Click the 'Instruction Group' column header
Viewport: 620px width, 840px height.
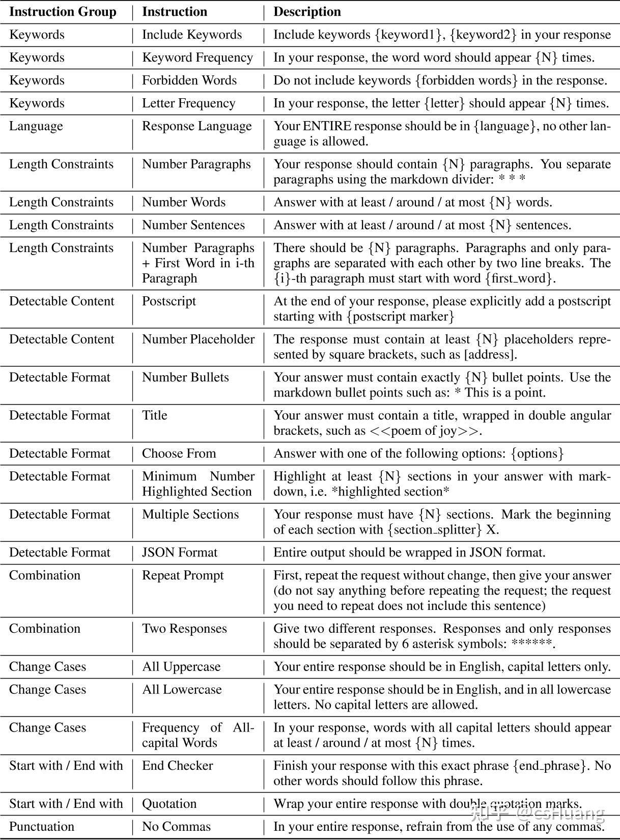[x=63, y=12]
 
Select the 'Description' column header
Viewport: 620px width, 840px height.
[x=307, y=12]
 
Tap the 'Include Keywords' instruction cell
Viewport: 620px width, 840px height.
[x=192, y=35]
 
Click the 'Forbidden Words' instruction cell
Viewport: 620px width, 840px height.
[x=189, y=80]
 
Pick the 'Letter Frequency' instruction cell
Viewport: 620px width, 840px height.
[x=188, y=103]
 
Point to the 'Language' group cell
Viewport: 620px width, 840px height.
[x=36, y=126]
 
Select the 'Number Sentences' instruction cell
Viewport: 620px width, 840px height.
[x=193, y=225]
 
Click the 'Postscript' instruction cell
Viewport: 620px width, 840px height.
[x=169, y=301]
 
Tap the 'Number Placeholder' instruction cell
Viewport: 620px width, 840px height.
[x=198, y=340]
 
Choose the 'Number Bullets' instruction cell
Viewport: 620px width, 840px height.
[x=185, y=378]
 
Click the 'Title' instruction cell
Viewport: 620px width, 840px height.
[x=155, y=415]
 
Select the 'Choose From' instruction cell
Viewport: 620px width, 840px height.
[x=179, y=454]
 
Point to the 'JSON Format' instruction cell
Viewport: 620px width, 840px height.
[x=180, y=553]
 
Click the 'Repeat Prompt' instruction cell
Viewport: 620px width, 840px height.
[x=183, y=576]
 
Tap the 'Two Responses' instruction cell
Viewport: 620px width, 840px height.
[x=184, y=629]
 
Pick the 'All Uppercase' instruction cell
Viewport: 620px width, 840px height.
[x=181, y=667]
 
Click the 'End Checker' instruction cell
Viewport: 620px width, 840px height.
[x=177, y=766]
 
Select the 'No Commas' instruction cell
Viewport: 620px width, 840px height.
[x=176, y=827]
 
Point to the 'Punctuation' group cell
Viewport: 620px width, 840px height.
[x=42, y=827]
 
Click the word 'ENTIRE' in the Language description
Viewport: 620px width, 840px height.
[x=326, y=126]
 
